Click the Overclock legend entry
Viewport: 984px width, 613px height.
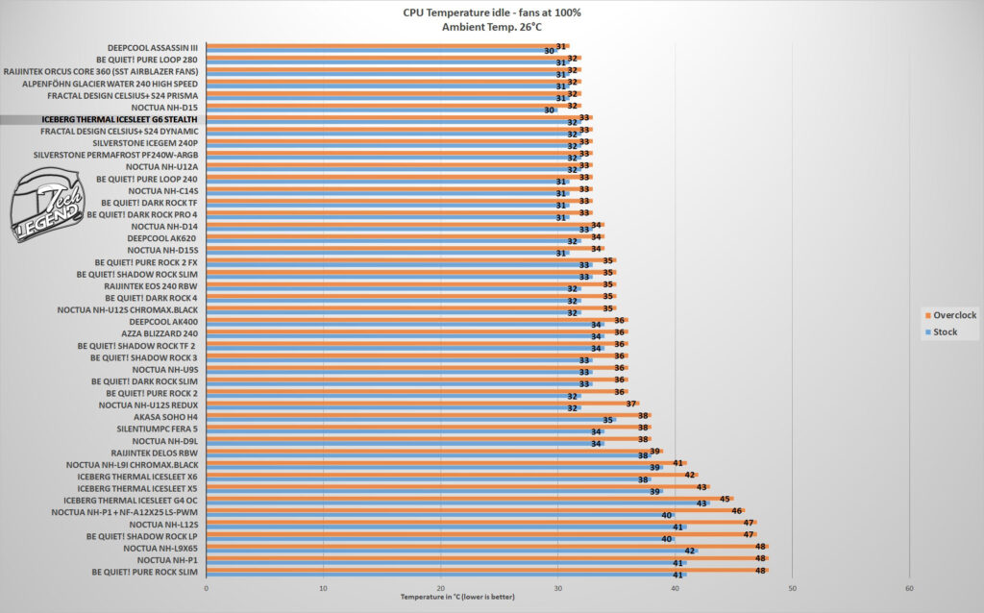pyautogui.click(x=950, y=315)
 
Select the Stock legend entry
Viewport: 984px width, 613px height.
pyautogui.click(x=942, y=331)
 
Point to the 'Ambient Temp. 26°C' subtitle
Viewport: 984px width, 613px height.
pyautogui.click(x=491, y=27)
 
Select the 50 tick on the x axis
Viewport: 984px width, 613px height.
pyautogui.click(x=792, y=589)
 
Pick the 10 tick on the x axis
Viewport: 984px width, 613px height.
pyautogui.click(x=323, y=589)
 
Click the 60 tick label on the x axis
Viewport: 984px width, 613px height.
pyautogui.click(x=909, y=589)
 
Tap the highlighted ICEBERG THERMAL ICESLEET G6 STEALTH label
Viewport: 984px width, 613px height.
pyautogui.click(x=119, y=119)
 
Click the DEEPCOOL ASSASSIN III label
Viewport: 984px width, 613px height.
pyautogui.click(x=153, y=48)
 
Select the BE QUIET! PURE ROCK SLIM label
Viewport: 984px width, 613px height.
pyautogui.click(x=144, y=573)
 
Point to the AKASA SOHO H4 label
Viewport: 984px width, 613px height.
pyautogui.click(x=165, y=417)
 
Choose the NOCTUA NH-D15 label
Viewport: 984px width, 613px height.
pyautogui.click(x=164, y=108)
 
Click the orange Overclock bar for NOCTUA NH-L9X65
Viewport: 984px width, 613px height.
pyautogui.click(x=487, y=547)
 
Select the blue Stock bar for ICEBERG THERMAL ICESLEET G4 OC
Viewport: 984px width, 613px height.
pyautogui.click(x=457, y=503)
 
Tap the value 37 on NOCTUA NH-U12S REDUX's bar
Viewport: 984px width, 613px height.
pyautogui.click(x=631, y=405)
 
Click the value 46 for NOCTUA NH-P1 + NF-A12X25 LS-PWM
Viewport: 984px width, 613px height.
pyautogui.click(x=737, y=511)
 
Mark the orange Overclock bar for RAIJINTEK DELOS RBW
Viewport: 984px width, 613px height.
pyautogui.click(x=434, y=452)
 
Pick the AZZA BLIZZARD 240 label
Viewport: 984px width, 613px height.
pyautogui.click(x=160, y=333)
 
